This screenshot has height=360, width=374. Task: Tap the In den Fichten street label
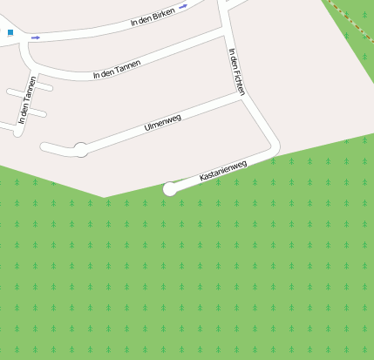click(x=236, y=71)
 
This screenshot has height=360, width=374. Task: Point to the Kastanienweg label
click(x=223, y=170)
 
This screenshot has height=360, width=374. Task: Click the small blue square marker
click(x=10, y=33)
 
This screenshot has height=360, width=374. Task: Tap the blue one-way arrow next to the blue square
click(x=36, y=37)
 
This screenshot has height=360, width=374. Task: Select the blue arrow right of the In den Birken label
click(x=183, y=6)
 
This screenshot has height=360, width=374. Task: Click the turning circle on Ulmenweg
click(x=81, y=149)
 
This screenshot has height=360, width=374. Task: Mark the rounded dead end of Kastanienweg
click(x=170, y=188)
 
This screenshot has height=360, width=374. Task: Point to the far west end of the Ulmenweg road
click(x=44, y=147)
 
